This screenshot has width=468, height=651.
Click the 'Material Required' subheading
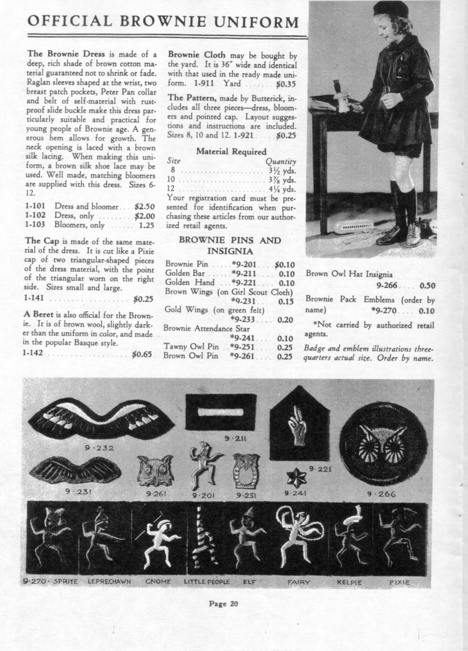point(231,151)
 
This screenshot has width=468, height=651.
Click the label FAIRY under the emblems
point(299,582)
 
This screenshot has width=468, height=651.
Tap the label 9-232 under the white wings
point(100,448)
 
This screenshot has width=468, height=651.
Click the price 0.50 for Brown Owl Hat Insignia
point(427,285)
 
